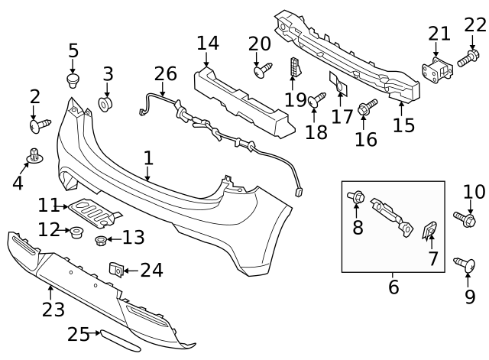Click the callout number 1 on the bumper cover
pyautogui.click(x=148, y=158)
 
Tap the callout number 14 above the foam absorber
pyautogui.click(x=207, y=43)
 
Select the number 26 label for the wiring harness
pyautogui.click(x=166, y=74)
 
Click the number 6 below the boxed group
pyautogui.click(x=393, y=287)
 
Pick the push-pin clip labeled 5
pyautogui.click(x=73, y=80)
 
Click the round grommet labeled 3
pyautogui.click(x=106, y=102)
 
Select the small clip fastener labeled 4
pyautogui.click(x=34, y=155)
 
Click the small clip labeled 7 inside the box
pyautogui.click(x=430, y=230)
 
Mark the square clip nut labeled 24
pyautogui.click(x=117, y=270)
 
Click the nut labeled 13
pyautogui.click(x=101, y=242)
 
